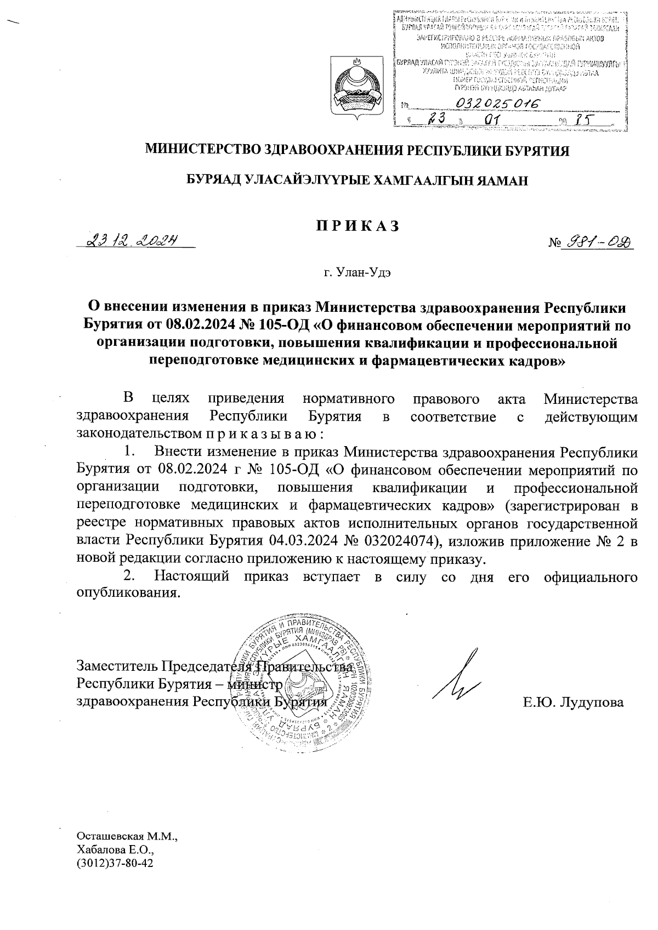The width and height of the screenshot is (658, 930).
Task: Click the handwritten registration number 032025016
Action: point(496,104)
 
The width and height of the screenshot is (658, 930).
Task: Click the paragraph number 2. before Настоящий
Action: point(129,577)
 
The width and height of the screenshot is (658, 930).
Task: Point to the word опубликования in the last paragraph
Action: point(128,594)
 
